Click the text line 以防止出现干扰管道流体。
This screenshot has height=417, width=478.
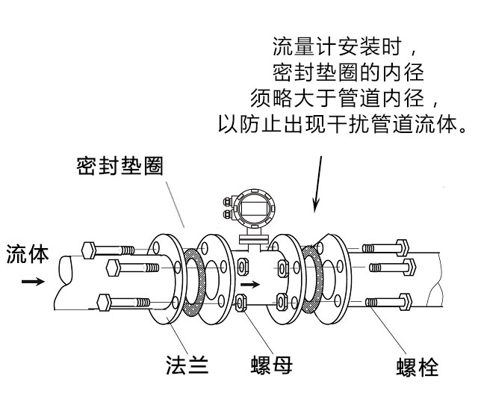coord(343,122)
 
